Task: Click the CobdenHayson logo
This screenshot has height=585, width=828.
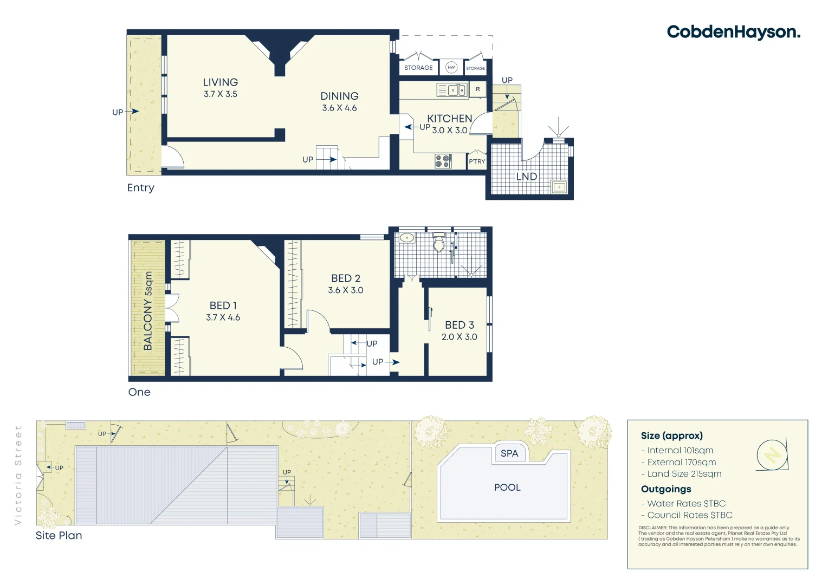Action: click(733, 32)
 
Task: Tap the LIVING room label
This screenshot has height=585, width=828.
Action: click(220, 82)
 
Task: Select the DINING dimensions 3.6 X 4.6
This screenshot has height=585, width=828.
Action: click(339, 108)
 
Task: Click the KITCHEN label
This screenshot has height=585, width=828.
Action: click(449, 118)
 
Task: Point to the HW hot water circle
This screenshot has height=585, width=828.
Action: click(451, 67)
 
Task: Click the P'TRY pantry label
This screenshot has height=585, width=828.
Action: click(477, 161)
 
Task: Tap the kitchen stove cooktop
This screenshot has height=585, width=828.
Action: click(443, 161)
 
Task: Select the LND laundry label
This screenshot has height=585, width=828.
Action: click(526, 177)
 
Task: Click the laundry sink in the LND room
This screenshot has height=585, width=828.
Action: click(559, 187)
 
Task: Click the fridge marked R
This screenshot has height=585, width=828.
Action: click(477, 89)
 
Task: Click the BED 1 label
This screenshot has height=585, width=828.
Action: click(223, 305)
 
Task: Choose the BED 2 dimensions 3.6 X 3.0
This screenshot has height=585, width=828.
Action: click(345, 290)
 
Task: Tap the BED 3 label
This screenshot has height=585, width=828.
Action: click(459, 325)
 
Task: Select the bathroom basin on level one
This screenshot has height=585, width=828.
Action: click(406, 238)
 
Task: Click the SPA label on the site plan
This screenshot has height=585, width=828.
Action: click(509, 453)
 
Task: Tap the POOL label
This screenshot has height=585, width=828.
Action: click(507, 487)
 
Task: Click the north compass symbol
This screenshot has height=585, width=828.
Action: click(772, 454)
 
